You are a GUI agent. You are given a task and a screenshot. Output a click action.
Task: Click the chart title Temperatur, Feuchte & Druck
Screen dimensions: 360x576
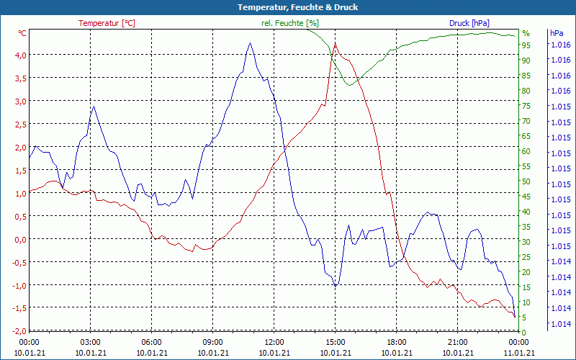pos(287,7)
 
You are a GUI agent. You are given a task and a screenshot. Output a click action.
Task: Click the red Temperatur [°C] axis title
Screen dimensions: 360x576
pos(107,23)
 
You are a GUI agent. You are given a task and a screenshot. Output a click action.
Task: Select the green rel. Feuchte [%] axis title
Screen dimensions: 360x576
pos(289,23)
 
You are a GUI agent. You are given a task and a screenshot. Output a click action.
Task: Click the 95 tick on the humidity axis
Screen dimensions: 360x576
pos(526,45)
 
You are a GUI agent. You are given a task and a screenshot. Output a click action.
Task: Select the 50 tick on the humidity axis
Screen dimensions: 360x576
pos(526,181)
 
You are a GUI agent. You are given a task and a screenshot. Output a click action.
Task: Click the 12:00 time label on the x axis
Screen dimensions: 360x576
pos(274,342)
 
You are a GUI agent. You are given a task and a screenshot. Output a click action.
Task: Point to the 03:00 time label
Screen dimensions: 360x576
pos(90,342)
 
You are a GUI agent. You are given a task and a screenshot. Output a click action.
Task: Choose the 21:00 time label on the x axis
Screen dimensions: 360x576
pos(458,342)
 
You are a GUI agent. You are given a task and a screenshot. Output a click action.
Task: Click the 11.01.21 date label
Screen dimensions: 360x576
pos(519,352)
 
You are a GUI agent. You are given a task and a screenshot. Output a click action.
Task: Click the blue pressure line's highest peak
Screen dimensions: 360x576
pos(250,43)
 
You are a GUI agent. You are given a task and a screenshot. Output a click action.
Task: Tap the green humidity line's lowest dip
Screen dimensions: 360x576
pos(350,85)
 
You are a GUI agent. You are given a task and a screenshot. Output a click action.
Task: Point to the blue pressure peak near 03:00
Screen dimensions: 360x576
pos(94,107)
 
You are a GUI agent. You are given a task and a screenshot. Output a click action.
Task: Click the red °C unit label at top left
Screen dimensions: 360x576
pos(22,33)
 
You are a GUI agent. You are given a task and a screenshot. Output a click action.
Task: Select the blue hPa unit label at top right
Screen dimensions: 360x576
pos(557,33)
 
